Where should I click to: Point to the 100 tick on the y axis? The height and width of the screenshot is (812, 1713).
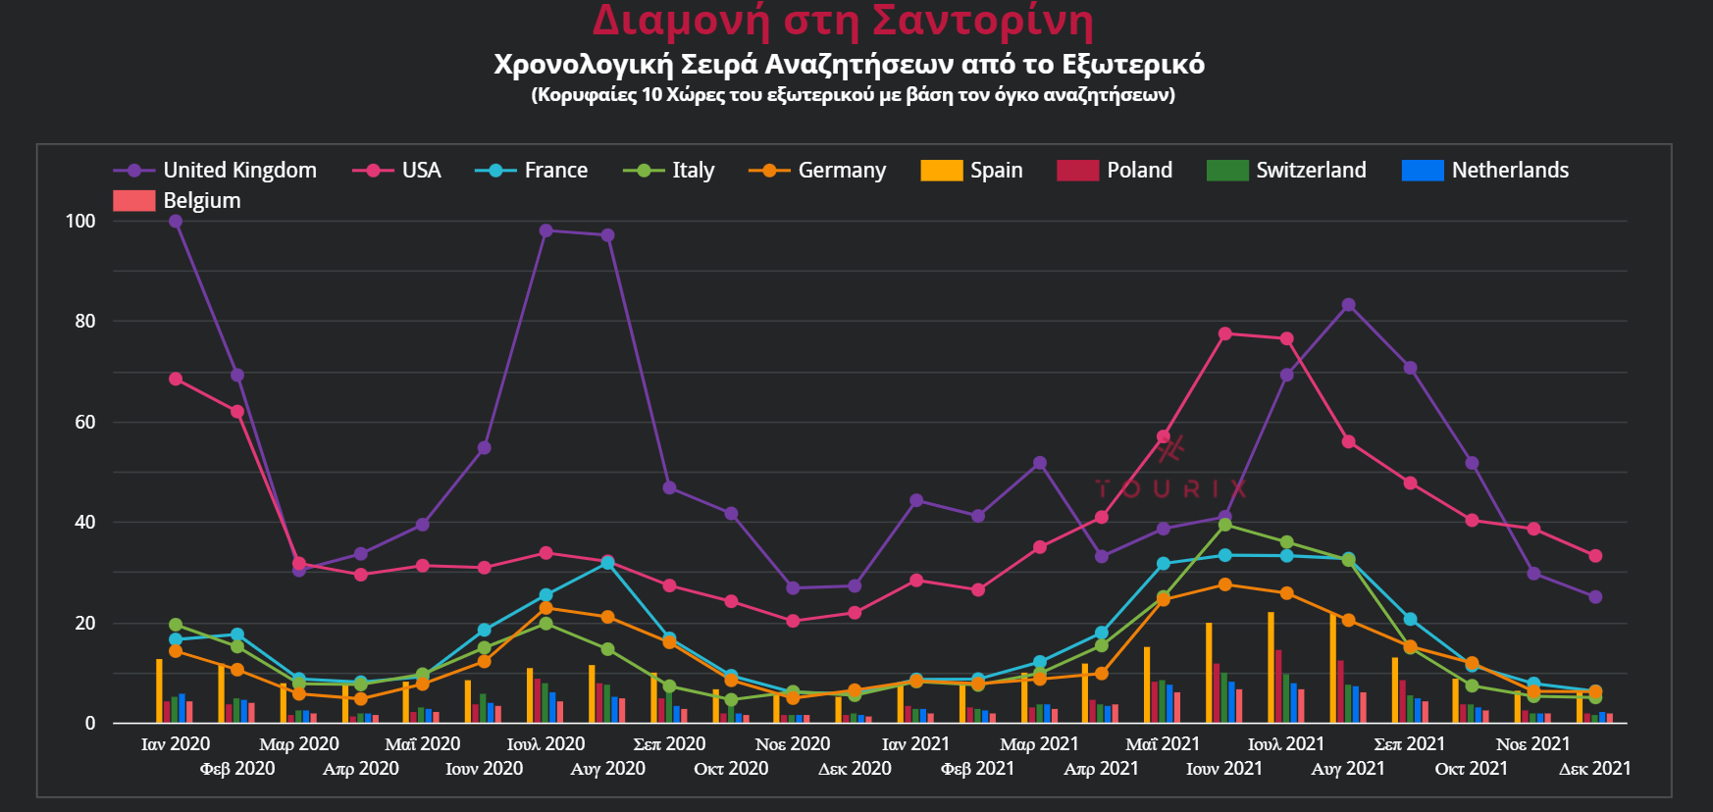tap(80, 222)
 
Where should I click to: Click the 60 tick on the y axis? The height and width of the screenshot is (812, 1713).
tap(84, 423)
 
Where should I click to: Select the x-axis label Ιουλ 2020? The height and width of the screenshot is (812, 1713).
tap(545, 744)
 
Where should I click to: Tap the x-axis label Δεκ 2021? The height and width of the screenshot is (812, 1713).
tap(1594, 769)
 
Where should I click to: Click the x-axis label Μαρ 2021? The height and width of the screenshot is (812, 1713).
tap(1039, 744)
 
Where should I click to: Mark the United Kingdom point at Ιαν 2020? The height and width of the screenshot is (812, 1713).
tap(176, 222)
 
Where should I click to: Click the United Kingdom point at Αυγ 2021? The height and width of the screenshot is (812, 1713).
tap(1348, 306)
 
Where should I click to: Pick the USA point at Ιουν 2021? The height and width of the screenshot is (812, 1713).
tap(1224, 334)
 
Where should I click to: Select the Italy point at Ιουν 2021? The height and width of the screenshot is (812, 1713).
tap(1224, 526)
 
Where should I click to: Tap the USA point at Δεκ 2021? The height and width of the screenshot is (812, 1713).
tap(1595, 556)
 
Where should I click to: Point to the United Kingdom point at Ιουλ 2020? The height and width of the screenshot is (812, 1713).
tap(546, 231)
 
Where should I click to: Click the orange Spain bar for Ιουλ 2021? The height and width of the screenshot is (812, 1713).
tap(1271, 668)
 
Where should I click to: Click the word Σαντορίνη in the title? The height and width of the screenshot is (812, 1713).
tap(982, 22)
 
